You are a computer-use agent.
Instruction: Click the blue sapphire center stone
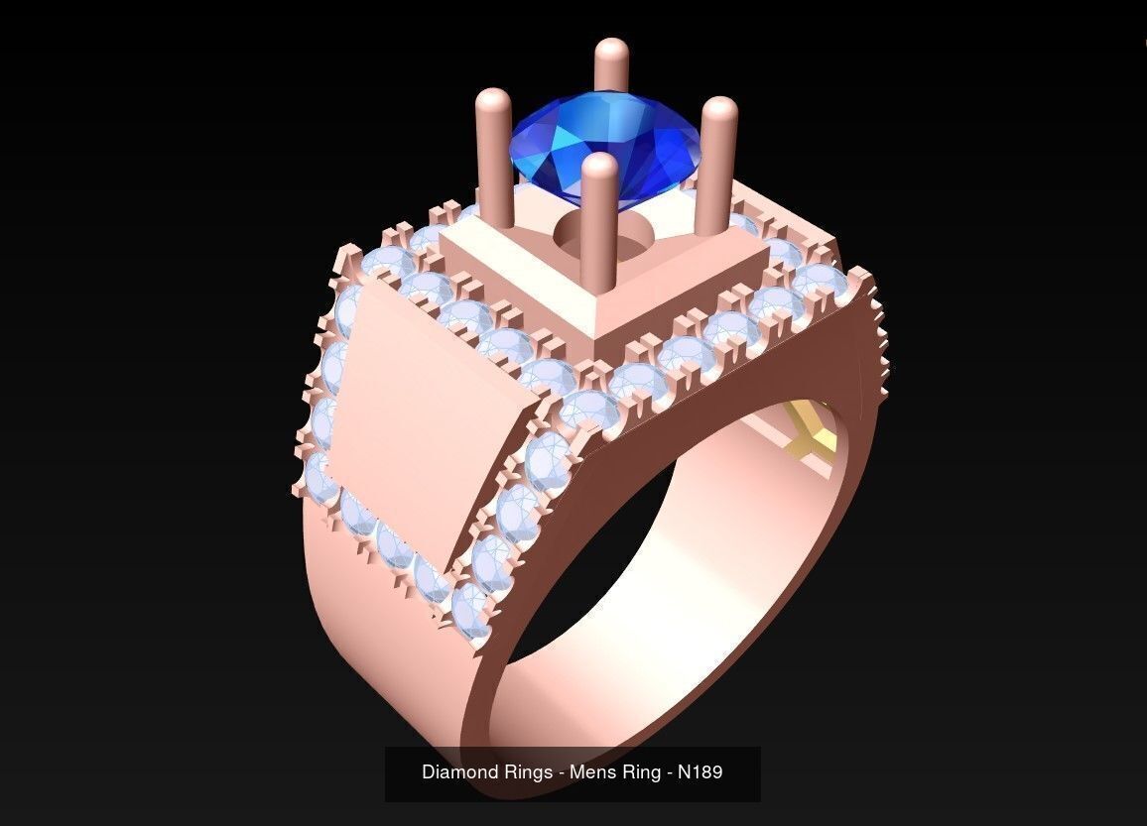[605, 144]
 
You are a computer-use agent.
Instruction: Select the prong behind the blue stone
[611, 64]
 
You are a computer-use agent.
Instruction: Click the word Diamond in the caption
[457, 771]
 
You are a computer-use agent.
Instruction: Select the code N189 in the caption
[700, 771]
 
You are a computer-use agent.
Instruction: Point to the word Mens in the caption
[591, 771]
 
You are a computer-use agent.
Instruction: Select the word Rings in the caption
[530, 771]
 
